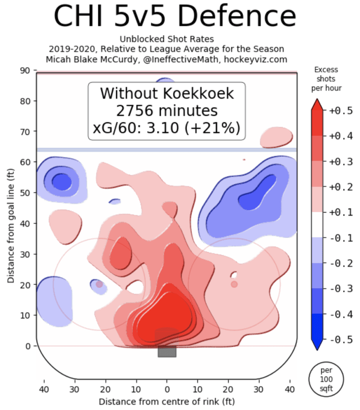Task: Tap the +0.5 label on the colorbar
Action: pos(340,111)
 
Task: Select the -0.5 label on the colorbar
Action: pos(340,340)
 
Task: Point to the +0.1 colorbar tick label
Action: pos(340,212)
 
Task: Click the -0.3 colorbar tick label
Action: pos(340,288)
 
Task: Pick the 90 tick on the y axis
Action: pos(24,70)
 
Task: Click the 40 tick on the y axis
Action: pos(24,223)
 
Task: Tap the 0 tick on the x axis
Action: pos(167,388)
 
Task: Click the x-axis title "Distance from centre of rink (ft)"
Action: pos(167,400)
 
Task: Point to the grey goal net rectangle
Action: pos(167,351)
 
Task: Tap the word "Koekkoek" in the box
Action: pos(200,94)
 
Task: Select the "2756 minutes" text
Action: pos(167,111)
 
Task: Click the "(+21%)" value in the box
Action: pos(216,129)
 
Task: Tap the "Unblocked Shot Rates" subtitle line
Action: pos(167,39)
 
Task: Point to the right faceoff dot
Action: pos(234,284)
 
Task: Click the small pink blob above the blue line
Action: pos(276,138)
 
